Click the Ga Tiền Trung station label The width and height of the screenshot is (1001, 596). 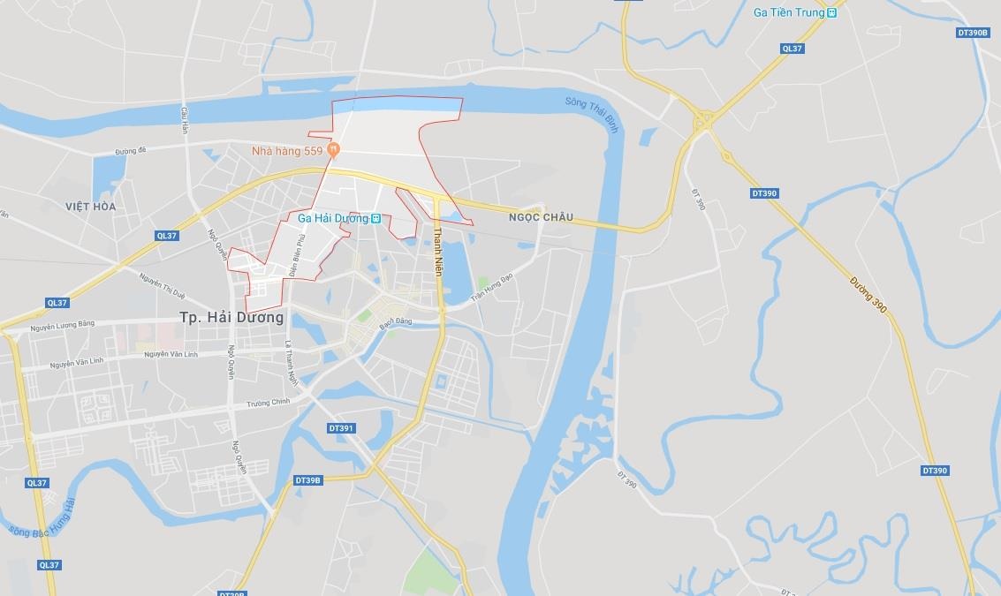tap(788, 12)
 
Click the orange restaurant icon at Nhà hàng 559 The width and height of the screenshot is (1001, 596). tap(333, 151)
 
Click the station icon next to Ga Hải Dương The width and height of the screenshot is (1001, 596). tap(375, 218)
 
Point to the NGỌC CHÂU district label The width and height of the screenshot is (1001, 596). tap(541, 217)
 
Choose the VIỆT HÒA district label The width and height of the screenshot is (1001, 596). tap(90, 207)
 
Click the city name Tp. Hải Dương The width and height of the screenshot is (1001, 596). tap(231, 317)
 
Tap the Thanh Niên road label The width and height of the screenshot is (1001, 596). tap(437, 252)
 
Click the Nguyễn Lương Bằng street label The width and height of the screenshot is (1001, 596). tap(62, 326)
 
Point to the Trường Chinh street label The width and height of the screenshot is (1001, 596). tap(269, 403)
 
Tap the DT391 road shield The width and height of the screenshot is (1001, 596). tap(340, 428)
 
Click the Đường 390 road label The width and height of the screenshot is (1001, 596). tap(868, 294)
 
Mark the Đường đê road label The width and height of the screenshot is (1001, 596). tap(130, 151)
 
